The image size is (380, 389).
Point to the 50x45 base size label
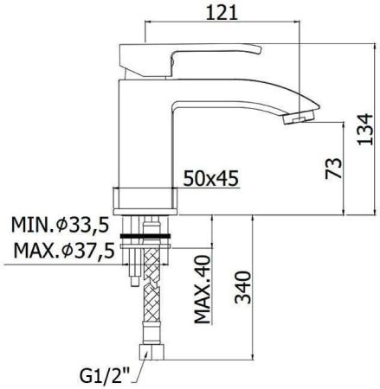(210, 179)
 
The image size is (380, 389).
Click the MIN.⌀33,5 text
(60, 226)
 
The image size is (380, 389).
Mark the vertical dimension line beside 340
(253, 285)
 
